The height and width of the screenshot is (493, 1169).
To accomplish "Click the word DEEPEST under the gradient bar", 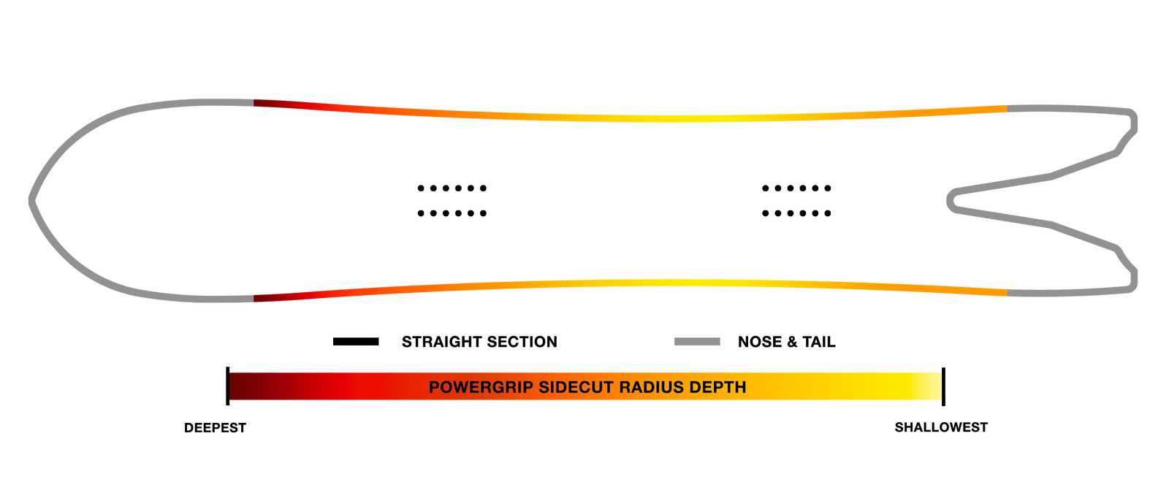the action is tap(215, 428).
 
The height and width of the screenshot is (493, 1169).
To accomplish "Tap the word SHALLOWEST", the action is tap(941, 427).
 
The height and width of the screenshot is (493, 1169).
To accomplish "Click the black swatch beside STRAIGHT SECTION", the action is tap(356, 342).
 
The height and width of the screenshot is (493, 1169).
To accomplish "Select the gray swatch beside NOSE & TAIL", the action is tap(697, 342).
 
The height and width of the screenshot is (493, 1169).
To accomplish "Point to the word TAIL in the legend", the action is tap(819, 342).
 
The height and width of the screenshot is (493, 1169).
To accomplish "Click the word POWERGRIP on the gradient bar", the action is tap(481, 387).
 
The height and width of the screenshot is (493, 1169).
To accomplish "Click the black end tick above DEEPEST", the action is tap(227, 386).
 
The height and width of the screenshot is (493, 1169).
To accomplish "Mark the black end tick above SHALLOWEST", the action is tap(943, 386).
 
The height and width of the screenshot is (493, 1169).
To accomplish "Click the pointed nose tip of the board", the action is tap(31, 200).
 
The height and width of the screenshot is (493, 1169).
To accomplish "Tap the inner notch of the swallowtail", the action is tap(951, 201).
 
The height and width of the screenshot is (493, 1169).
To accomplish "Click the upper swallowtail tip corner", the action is tap(1132, 116).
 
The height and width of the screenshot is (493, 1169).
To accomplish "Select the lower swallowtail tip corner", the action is tap(1132, 286).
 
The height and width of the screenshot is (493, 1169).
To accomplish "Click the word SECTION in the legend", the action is tap(523, 342).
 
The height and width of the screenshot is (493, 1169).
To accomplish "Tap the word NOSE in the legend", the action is tap(761, 342).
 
